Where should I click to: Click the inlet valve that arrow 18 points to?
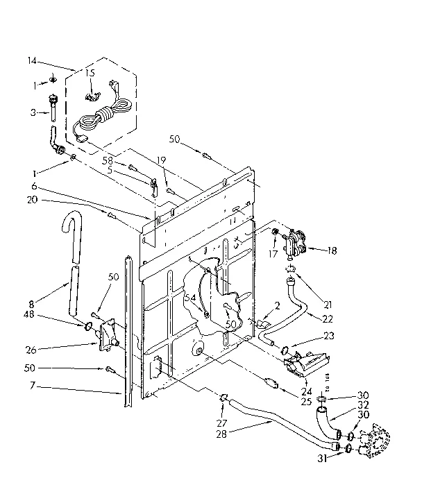tap(295, 241)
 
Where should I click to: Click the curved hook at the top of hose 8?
tap(70, 229)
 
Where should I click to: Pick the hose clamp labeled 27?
tap(223, 398)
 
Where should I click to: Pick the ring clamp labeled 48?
tap(91, 325)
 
